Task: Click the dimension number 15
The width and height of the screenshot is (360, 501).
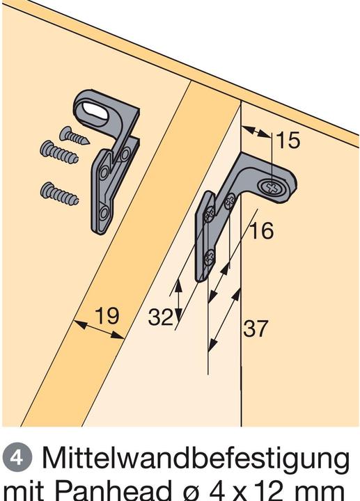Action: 287,141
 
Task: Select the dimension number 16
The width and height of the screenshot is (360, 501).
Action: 260,230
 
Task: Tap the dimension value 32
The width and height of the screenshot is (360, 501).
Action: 161,317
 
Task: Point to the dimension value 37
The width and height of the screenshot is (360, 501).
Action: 256,328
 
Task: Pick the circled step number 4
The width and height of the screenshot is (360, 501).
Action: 15,460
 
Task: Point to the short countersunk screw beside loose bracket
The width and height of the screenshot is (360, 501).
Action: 74,134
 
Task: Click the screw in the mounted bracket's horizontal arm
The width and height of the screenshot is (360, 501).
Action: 273,186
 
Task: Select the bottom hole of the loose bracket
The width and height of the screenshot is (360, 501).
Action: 103,212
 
